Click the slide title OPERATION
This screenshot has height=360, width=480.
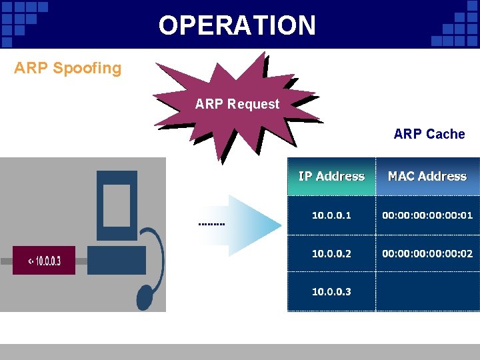tap(237, 25)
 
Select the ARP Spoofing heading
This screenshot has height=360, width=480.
tap(68, 68)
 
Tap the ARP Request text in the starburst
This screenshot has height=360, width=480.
tap(237, 104)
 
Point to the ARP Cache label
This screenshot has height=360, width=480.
tap(429, 134)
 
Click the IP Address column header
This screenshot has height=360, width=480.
tap(331, 177)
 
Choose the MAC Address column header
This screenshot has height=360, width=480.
tap(427, 177)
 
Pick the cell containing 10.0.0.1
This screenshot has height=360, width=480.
tap(331, 215)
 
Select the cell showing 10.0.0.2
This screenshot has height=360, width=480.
tap(331, 253)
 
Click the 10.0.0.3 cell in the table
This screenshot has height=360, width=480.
tap(331, 291)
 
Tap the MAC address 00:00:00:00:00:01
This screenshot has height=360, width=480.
tap(427, 215)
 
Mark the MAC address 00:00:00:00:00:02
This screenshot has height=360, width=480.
tap(427, 253)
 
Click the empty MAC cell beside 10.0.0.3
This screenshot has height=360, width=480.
tap(427, 291)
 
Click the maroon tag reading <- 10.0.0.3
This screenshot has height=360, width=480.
tap(44, 261)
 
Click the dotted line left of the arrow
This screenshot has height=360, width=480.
tap(212, 224)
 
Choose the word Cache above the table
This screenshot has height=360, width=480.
tap(447, 134)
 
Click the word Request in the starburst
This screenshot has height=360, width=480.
tap(253, 104)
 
